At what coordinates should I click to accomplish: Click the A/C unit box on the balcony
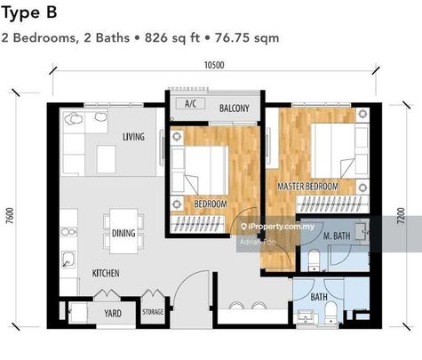(x=190, y=104)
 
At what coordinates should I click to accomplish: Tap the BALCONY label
(x=235, y=108)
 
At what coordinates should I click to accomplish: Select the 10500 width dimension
(x=214, y=65)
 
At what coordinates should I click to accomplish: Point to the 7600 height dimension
(x=10, y=217)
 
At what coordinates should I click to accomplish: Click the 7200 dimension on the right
(x=401, y=216)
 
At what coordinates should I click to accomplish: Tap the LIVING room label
(x=133, y=137)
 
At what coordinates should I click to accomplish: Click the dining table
(x=123, y=231)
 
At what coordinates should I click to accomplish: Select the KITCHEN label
(x=106, y=273)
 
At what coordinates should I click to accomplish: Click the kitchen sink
(x=68, y=260)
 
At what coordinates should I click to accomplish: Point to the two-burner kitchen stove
(x=68, y=232)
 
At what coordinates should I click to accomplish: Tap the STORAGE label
(x=153, y=312)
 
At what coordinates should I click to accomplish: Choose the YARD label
(x=113, y=313)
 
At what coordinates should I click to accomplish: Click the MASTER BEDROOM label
(x=307, y=187)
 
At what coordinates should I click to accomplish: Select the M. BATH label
(x=337, y=236)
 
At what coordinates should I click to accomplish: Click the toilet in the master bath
(x=314, y=260)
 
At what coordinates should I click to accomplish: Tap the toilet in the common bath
(x=330, y=314)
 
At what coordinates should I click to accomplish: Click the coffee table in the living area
(x=106, y=159)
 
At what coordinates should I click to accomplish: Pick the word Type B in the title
(x=29, y=12)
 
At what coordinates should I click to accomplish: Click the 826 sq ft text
(x=172, y=38)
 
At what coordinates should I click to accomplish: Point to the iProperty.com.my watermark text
(x=278, y=227)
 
